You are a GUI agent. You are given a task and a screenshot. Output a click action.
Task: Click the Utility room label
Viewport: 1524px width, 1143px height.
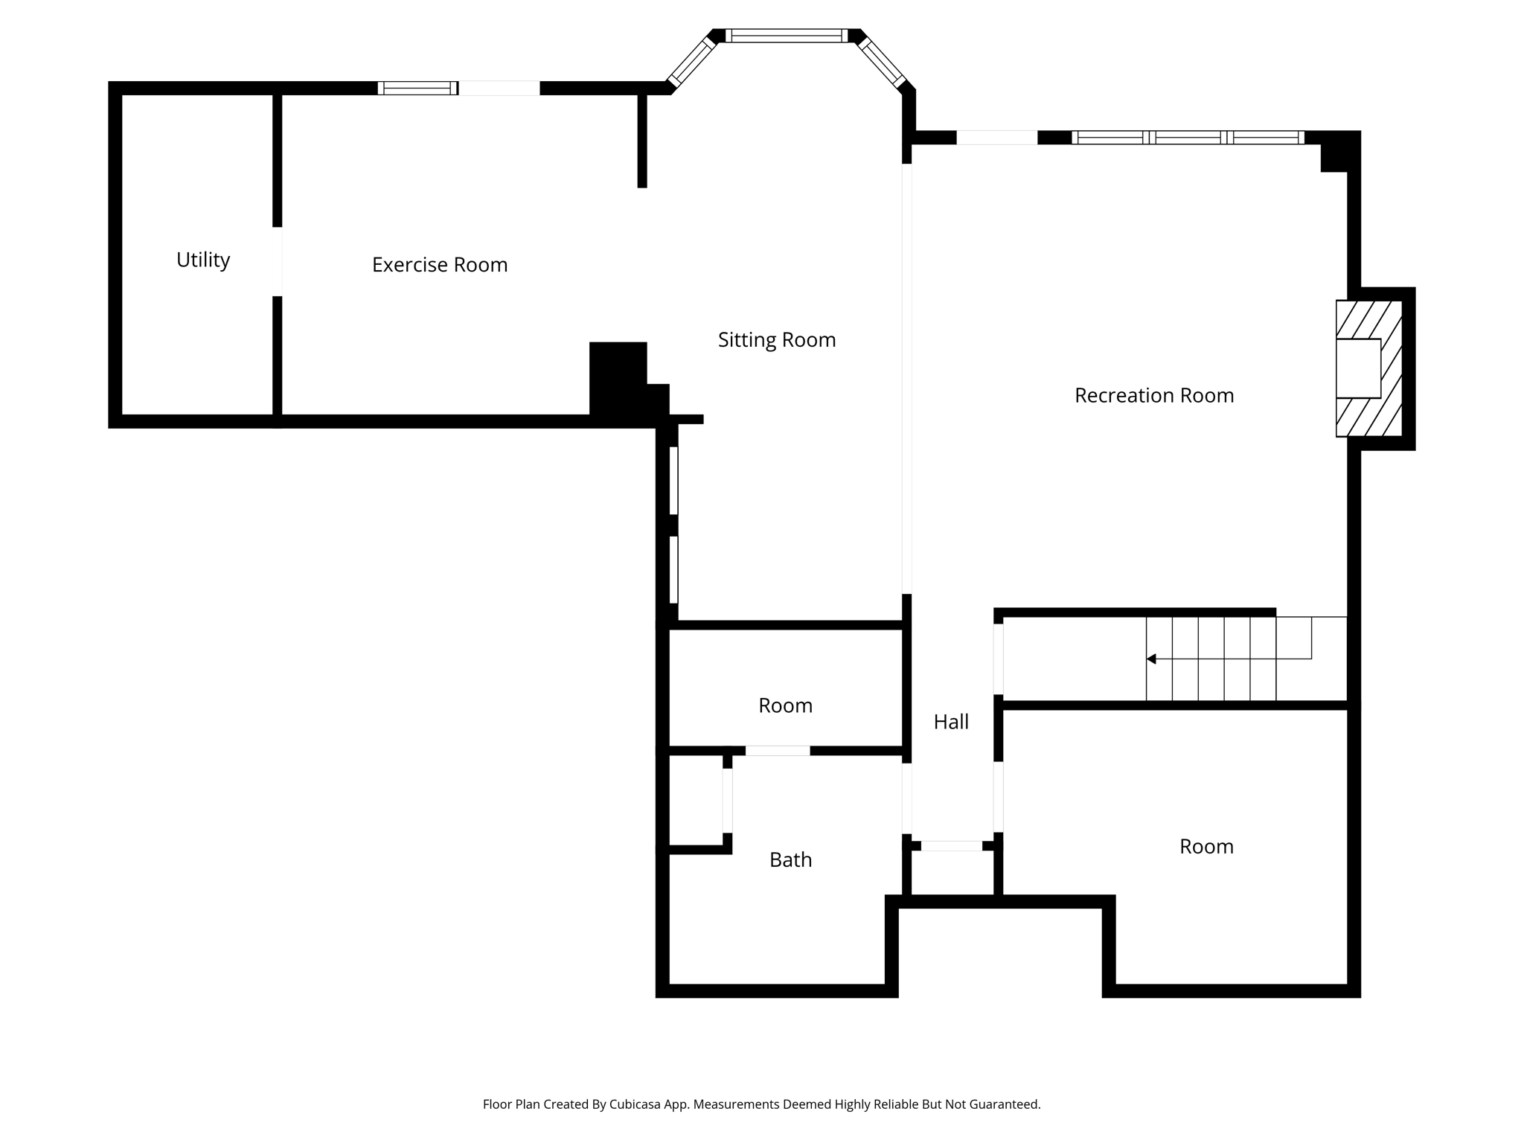point(202,260)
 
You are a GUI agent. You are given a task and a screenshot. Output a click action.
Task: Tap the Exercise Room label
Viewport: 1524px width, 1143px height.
point(439,265)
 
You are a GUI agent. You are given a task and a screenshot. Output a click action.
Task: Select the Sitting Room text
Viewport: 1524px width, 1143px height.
point(776,340)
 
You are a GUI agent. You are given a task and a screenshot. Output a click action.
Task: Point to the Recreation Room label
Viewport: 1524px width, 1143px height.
point(1153,395)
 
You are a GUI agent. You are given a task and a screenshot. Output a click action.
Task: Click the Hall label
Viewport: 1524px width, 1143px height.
point(950,722)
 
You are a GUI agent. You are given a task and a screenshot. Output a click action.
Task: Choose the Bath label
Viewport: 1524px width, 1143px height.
point(790,860)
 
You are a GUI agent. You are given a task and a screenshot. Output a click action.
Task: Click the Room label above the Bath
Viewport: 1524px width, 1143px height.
point(784,705)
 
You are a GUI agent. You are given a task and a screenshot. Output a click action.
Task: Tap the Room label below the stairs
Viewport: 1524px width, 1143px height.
point(1206,847)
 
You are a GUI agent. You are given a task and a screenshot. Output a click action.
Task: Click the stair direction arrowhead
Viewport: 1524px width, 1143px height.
point(1151,659)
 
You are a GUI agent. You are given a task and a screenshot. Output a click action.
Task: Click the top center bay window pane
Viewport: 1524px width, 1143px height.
point(786,36)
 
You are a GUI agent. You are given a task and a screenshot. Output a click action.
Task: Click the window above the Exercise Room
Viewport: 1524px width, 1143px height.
point(417,88)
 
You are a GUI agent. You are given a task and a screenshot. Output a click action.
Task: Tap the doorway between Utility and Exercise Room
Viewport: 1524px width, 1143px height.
point(277,261)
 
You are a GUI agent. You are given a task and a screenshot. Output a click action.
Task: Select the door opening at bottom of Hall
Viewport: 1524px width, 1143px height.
point(951,845)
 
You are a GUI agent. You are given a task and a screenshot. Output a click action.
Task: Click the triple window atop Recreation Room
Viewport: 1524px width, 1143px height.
point(1188,138)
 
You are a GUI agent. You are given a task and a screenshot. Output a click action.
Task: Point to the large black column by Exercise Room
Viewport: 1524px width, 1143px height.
point(618,379)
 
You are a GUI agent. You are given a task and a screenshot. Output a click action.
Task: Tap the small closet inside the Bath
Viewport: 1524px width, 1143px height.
point(696,800)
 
